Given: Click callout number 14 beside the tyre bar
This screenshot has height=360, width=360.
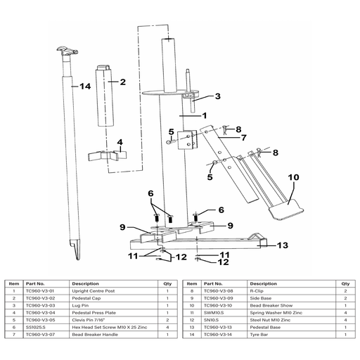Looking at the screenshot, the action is point(85,86).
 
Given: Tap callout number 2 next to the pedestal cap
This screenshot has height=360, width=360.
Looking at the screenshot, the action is point(123,82).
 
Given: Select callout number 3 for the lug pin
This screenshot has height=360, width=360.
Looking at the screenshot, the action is point(218,96).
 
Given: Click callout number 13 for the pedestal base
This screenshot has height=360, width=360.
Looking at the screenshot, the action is point(283,245).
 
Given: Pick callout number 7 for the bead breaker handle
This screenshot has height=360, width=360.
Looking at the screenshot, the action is point(244,138).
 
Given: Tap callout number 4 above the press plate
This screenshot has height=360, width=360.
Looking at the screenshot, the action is point(120,142).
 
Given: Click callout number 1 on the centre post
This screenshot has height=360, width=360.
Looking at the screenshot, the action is point(205,115).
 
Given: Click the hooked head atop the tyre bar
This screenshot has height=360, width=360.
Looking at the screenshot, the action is point(67,51).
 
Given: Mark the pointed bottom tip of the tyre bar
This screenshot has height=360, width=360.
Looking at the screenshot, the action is point(78,259).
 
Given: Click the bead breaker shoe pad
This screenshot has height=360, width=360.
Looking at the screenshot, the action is point(286,210).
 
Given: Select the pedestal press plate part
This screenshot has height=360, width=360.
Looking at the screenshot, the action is point(108,155).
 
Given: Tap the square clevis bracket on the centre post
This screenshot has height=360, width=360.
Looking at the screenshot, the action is point(188,140).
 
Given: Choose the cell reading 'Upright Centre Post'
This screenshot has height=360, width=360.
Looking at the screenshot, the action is point(94,291).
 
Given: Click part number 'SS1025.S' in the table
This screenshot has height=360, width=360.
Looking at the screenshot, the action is point(35,328).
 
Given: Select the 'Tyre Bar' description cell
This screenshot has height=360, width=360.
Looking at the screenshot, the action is point(259,335).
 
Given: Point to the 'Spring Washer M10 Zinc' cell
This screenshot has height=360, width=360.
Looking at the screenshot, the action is point(276,313).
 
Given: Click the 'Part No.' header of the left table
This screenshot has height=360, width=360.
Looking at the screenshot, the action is point(35,284).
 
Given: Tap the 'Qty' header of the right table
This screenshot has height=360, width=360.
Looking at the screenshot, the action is point(345,284).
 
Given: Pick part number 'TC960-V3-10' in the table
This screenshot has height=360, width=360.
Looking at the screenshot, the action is point(218,306).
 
